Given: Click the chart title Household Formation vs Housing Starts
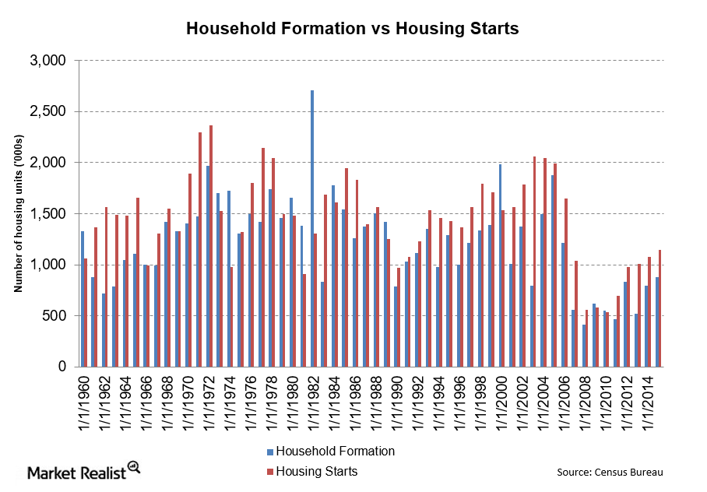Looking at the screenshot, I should click(352, 29).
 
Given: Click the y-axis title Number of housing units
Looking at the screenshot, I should click(17, 213).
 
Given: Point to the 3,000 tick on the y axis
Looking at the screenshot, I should click(51, 61).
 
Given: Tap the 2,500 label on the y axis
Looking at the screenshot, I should click(51, 111).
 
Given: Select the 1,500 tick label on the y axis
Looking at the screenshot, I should click(51, 213).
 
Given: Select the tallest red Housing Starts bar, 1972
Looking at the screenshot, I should click(210, 246).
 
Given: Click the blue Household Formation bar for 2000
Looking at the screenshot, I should click(500, 265).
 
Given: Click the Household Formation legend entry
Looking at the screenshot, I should click(330, 452).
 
